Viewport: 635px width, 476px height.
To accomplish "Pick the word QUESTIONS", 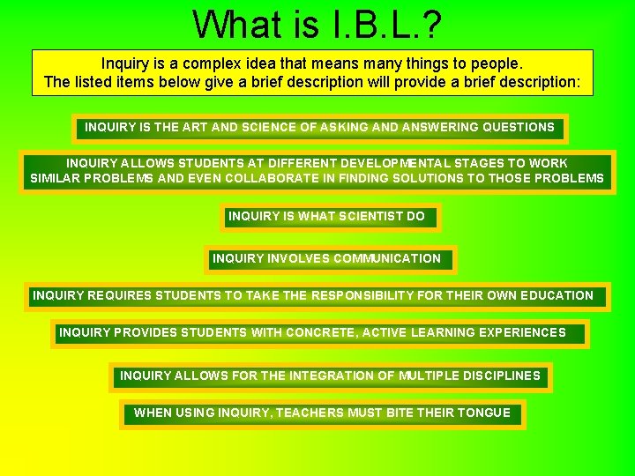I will pyautogui.click(x=517, y=127).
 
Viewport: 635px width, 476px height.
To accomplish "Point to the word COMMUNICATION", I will pyautogui.click(x=386, y=258).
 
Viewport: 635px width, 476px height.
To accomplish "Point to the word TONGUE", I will pyautogui.click(x=484, y=413).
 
